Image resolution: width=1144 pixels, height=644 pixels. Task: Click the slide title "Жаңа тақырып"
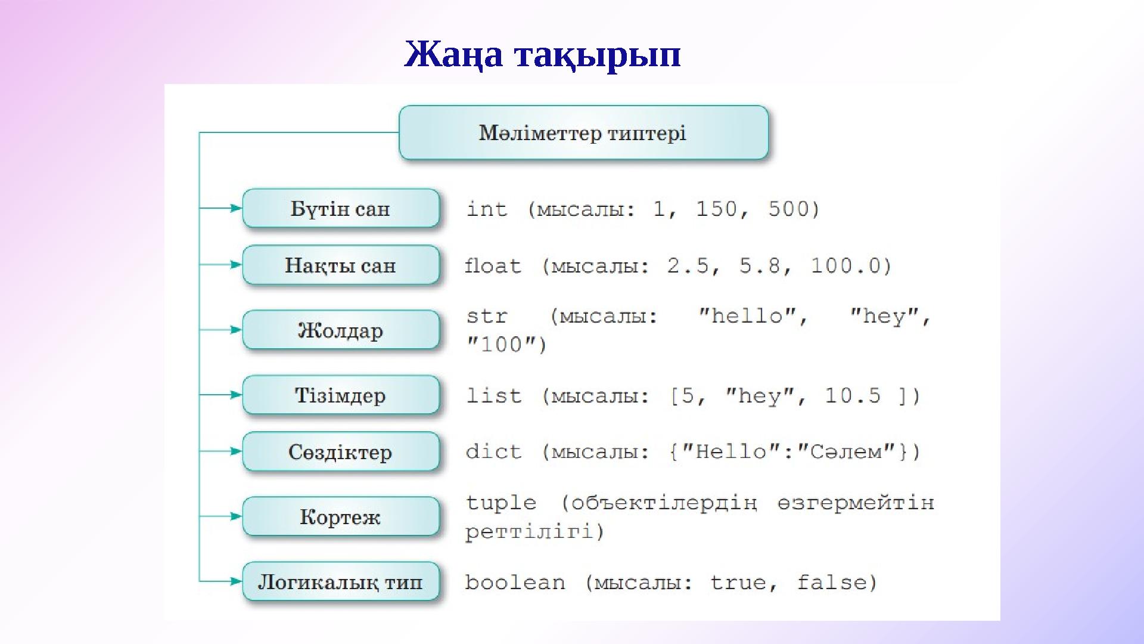point(542,54)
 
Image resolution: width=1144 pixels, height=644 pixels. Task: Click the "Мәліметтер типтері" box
point(583,132)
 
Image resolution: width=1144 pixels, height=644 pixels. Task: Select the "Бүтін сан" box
point(340,209)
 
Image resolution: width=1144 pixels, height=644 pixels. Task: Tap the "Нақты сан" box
point(340,265)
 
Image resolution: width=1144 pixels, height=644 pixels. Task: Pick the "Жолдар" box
point(340,330)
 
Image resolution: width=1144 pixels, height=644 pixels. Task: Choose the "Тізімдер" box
point(340,395)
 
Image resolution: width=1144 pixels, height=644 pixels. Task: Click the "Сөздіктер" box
point(340,451)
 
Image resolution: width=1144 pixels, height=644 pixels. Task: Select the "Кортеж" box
point(340,516)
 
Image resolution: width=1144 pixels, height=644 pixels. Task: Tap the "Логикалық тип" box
point(340,581)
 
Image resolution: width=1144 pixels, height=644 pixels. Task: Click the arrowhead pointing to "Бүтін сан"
point(236,208)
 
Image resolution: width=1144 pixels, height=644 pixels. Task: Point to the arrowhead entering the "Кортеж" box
point(236,516)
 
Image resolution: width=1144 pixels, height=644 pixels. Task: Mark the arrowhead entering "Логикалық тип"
point(236,581)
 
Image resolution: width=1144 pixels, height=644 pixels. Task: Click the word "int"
point(486,209)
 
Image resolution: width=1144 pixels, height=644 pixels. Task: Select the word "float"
point(493,265)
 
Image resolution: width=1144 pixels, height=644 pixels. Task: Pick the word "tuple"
point(500,503)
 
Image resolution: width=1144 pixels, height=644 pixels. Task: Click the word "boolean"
point(515,582)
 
